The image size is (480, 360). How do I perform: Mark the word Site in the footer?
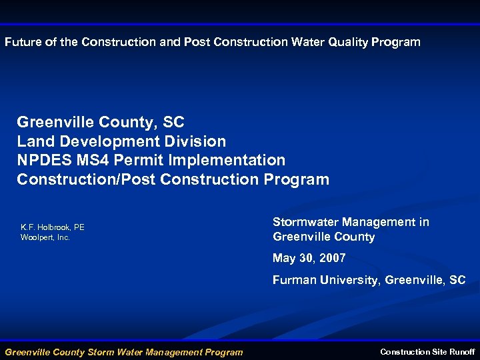438,351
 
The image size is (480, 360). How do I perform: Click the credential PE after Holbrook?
79,228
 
